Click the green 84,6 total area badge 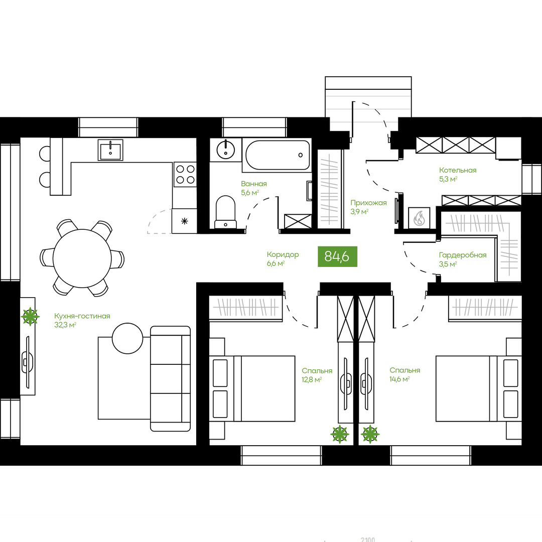(337, 256)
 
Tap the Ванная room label (254, 184)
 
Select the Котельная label (458, 170)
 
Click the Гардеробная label (463, 255)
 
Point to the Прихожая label (368, 203)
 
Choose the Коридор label (283, 255)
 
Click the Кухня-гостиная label (82, 316)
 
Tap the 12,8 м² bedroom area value (312, 379)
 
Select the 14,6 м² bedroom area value (399, 379)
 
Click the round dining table (82, 258)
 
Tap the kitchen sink (110, 150)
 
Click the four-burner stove (185, 174)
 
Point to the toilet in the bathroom (225, 212)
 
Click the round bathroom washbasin (226, 150)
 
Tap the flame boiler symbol (419, 218)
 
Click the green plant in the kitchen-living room (30, 316)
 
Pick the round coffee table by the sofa (127, 338)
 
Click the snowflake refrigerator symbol (185, 221)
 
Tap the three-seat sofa (171, 378)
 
